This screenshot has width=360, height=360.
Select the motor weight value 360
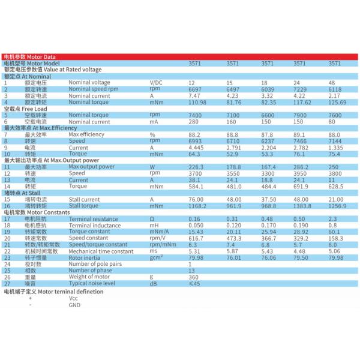point(193,277)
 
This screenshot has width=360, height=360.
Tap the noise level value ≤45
point(194,283)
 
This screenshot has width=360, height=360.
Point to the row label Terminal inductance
point(95,225)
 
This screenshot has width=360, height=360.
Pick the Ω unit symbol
point(152,218)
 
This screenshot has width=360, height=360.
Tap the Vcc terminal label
point(74,298)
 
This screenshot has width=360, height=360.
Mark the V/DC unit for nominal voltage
point(156,82)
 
